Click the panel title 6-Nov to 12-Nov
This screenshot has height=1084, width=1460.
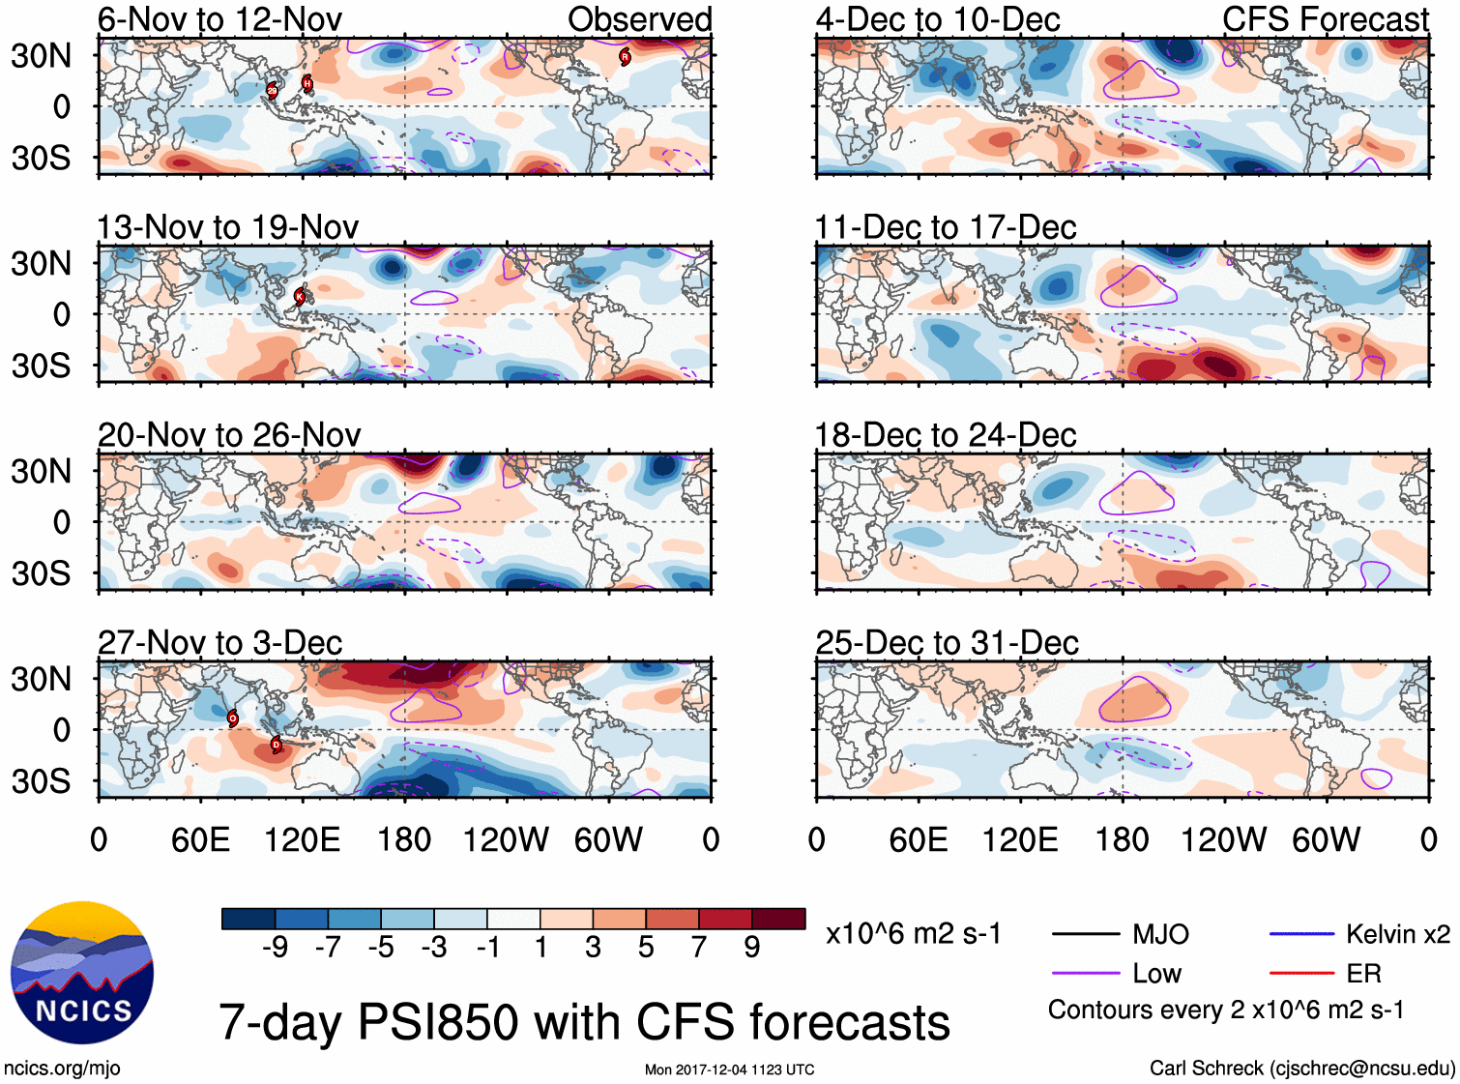click(219, 19)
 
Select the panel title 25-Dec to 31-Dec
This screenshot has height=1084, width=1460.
click(947, 643)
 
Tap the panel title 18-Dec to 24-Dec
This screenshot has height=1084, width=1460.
click(946, 435)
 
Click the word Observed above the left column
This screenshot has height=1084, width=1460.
click(639, 19)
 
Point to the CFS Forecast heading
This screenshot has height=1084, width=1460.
click(1325, 19)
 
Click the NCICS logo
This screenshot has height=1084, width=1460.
click(82, 972)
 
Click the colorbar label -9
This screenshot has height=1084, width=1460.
click(276, 948)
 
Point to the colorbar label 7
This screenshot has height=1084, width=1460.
click(699, 948)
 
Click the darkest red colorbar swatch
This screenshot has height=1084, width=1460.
click(778, 919)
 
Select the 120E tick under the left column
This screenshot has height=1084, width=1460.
click(303, 839)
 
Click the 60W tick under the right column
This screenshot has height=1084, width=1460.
click(1326, 839)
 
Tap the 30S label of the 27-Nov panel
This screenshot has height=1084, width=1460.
click(41, 781)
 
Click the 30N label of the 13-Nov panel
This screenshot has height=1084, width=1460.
click(41, 263)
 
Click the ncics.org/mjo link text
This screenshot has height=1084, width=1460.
click(62, 1069)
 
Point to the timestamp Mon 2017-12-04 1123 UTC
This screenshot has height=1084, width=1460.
click(729, 1069)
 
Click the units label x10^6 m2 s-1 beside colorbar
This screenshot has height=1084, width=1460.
click(913, 934)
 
